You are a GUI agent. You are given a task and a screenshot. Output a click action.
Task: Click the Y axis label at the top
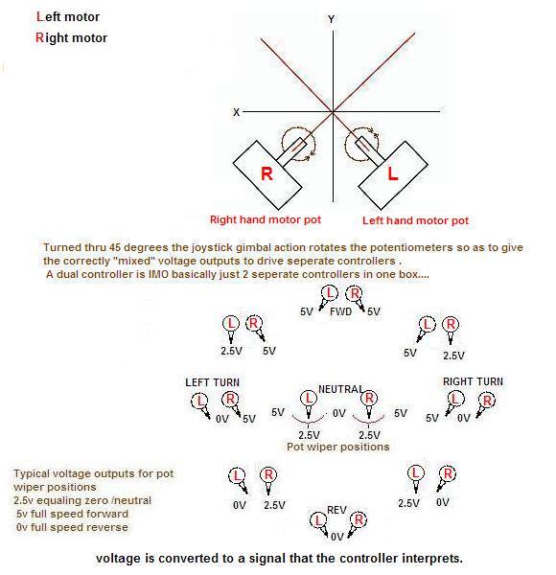(x=331, y=19)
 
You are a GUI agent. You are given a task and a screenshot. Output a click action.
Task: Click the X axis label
(x=236, y=112)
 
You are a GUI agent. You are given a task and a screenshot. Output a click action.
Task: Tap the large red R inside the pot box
(x=266, y=173)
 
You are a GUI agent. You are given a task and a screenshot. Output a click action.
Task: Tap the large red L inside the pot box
(x=393, y=173)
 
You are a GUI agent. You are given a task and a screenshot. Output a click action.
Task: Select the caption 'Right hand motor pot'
(x=266, y=219)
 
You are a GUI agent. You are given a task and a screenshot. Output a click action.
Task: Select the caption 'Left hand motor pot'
(x=415, y=220)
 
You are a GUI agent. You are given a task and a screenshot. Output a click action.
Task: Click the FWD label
(x=340, y=311)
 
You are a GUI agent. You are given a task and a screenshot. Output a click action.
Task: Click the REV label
(x=336, y=510)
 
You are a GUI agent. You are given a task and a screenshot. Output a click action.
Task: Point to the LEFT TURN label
(x=213, y=382)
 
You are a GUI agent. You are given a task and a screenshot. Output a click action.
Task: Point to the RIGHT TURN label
(x=473, y=381)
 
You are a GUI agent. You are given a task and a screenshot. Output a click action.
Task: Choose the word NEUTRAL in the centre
(x=340, y=389)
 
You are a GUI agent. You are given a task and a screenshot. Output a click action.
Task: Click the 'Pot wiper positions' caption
(x=337, y=447)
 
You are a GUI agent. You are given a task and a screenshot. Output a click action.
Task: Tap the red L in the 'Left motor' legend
(x=40, y=16)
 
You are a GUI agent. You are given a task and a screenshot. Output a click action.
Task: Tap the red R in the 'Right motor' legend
(x=39, y=37)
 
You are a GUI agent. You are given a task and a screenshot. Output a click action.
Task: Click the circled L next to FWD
(x=330, y=292)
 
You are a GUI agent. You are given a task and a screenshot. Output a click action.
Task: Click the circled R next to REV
(x=359, y=519)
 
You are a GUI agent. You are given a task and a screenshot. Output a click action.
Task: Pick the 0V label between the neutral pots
(x=339, y=414)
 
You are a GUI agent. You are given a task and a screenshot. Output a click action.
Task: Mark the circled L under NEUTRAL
(x=309, y=399)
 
